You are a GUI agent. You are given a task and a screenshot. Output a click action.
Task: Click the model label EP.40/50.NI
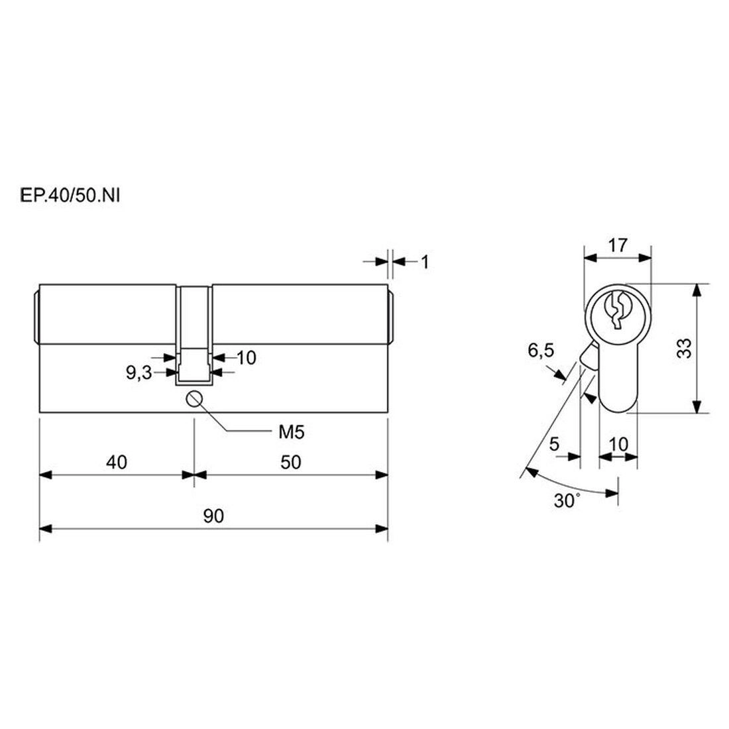70,196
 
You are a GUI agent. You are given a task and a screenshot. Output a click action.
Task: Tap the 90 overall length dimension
213,516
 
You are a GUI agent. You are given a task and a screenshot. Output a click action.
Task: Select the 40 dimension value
116,462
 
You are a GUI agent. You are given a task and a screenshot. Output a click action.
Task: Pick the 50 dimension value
290,462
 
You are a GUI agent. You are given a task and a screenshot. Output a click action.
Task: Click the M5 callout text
291,432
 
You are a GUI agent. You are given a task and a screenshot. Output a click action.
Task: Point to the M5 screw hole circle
194,398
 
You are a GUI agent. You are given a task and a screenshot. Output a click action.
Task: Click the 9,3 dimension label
139,372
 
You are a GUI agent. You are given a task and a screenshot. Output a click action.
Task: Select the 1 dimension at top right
424,262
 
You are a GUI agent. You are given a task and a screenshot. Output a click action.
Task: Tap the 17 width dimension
618,245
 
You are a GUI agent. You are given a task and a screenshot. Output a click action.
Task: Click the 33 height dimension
684,348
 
